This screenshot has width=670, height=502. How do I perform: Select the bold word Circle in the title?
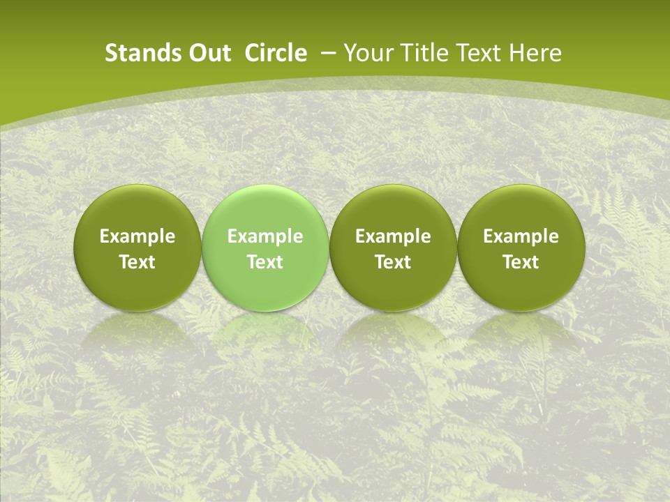(x=276, y=53)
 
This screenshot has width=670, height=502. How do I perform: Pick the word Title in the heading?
(x=424, y=53)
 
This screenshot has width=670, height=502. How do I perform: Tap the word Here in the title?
(x=535, y=53)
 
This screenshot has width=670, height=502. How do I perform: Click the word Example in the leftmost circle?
(x=137, y=236)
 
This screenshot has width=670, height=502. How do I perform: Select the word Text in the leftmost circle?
(x=137, y=262)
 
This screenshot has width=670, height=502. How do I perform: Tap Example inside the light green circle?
(x=265, y=236)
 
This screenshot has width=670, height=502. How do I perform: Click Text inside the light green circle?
(x=265, y=262)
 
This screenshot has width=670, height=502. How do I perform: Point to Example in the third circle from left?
(x=393, y=236)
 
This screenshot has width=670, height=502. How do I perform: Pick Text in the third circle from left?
(x=393, y=262)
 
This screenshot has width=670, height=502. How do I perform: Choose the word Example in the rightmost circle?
(x=521, y=236)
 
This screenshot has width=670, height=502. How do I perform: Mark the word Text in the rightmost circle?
(x=521, y=262)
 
